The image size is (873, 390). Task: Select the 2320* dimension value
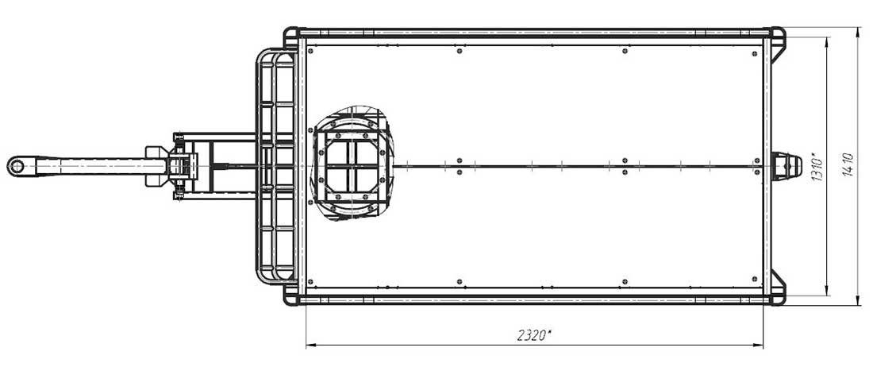point(534,335)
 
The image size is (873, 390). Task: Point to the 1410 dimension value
point(848,165)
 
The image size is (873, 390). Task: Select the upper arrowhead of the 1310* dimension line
point(827,43)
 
